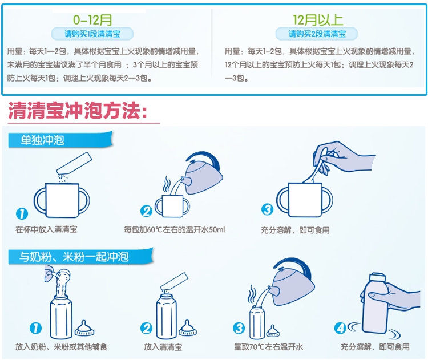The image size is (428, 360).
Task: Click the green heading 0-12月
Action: (92, 20)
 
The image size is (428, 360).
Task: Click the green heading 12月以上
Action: (318, 20)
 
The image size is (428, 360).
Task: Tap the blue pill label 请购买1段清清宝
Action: (92, 34)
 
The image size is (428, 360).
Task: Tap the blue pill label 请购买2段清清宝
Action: (317, 34)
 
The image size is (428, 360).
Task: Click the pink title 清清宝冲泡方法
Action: (78, 111)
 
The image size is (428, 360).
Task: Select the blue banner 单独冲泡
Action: (60, 140)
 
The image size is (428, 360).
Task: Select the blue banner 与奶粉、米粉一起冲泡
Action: (81, 257)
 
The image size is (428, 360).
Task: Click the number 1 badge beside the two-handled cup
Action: (22, 214)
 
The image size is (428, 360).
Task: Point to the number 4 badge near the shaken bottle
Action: (340, 329)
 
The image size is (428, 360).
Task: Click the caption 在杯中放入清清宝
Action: (46, 229)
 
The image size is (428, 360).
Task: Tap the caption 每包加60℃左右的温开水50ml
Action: (175, 230)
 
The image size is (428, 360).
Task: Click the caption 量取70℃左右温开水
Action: (269, 347)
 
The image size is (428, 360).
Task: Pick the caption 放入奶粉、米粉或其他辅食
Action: (62, 347)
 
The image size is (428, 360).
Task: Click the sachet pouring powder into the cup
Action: (74, 164)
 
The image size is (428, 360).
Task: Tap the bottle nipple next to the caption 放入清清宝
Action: (188, 328)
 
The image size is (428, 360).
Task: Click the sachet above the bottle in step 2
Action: (174, 281)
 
